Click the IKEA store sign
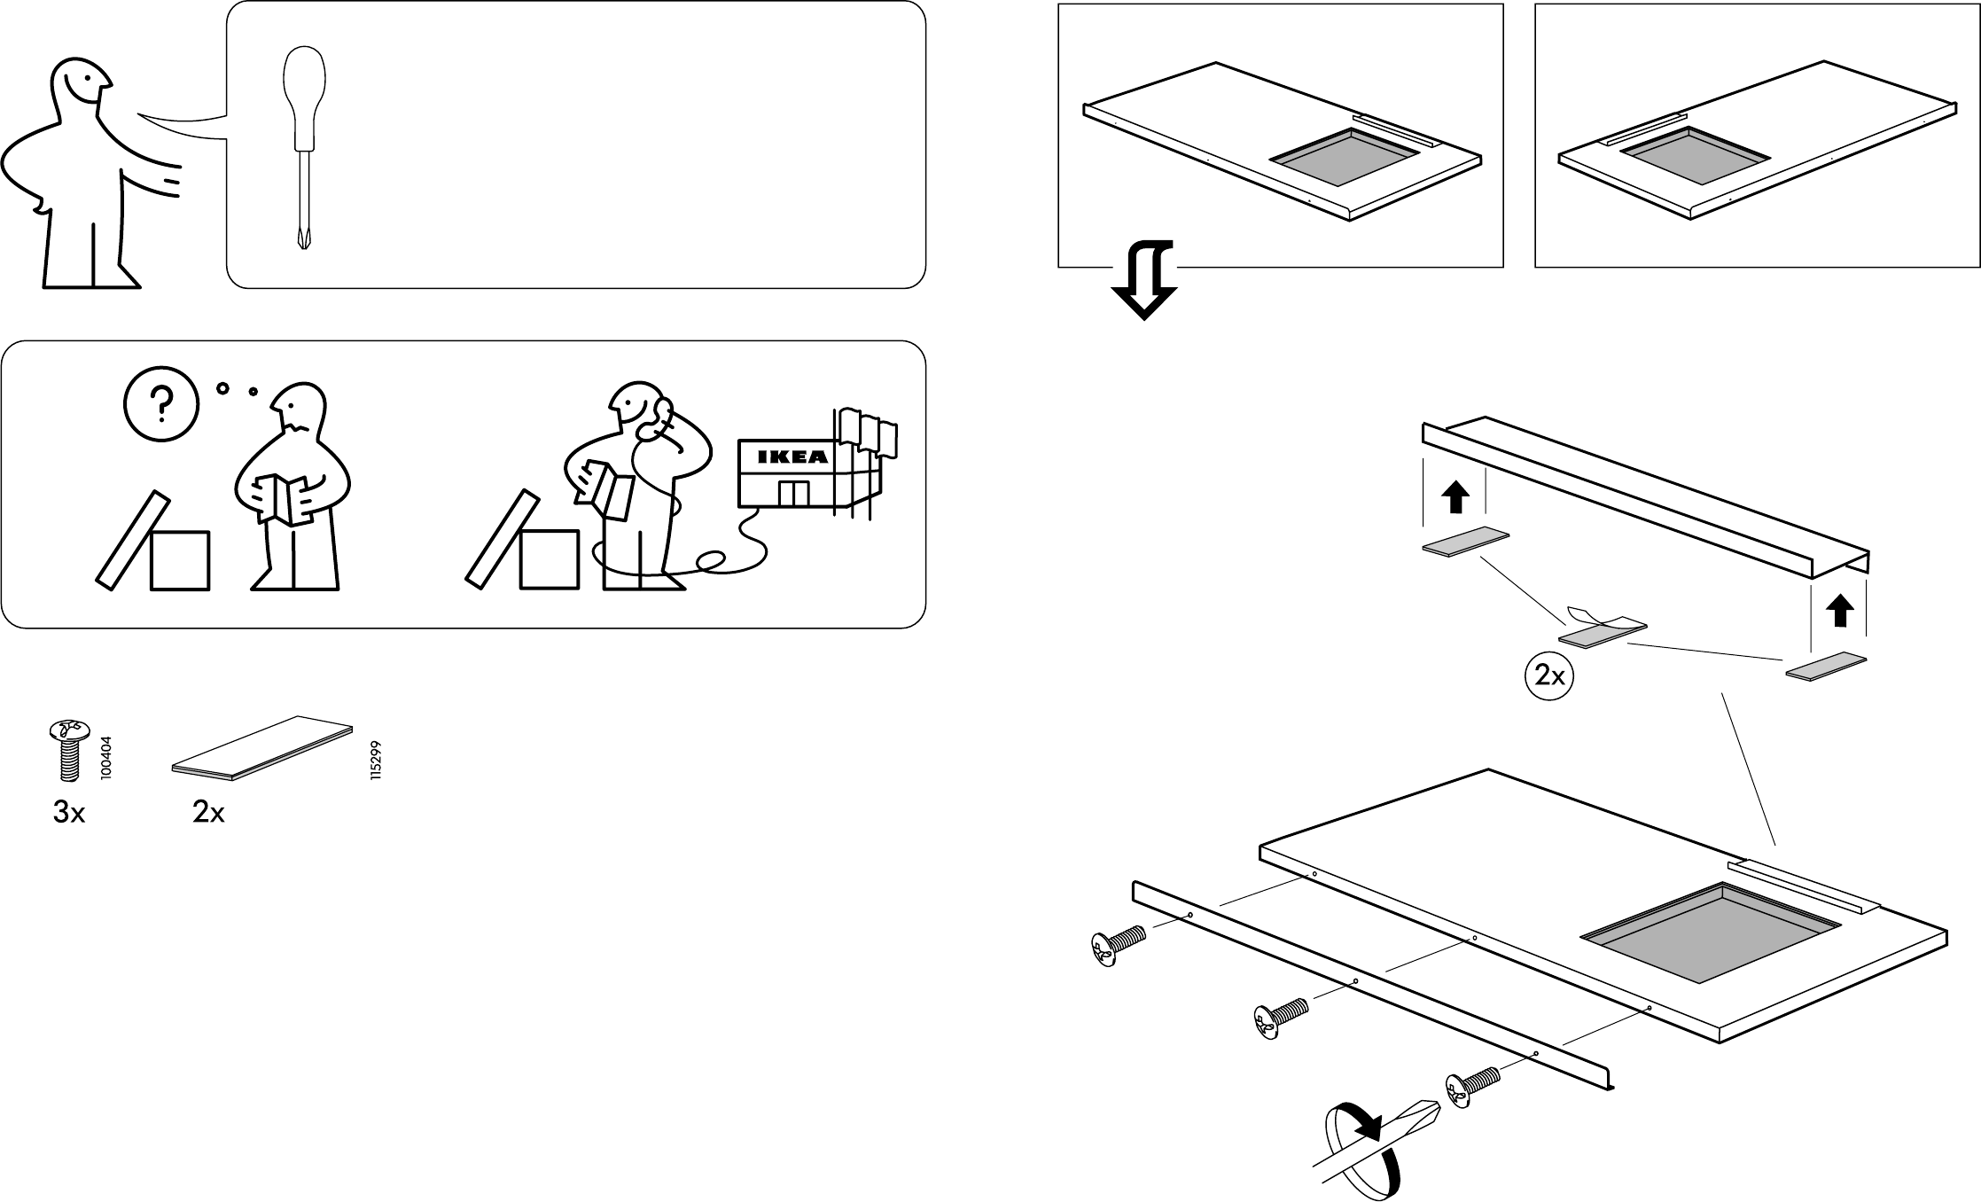[792, 457]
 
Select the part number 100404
[106, 758]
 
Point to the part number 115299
[376, 760]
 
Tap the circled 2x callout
[1549, 676]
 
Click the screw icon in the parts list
[69, 749]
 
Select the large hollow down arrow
[1144, 279]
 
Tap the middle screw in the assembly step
[1279, 1019]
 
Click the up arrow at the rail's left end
[1454, 498]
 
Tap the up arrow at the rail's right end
[1841, 611]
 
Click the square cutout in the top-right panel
[1695, 157]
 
